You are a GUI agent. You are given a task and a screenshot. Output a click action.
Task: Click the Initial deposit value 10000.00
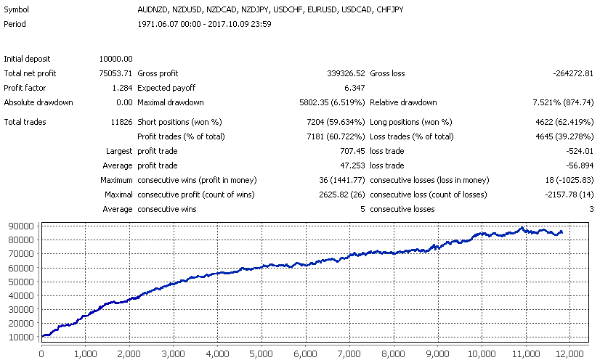(x=116, y=59)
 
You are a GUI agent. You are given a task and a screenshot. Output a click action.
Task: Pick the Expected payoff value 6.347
(x=352, y=88)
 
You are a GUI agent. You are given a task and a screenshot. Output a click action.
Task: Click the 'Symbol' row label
(x=17, y=10)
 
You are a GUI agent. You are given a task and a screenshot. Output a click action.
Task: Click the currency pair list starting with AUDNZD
(x=270, y=10)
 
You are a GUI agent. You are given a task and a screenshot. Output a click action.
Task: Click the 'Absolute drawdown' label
(x=38, y=102)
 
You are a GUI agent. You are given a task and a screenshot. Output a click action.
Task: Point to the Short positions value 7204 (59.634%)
(x=332, y=122)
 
